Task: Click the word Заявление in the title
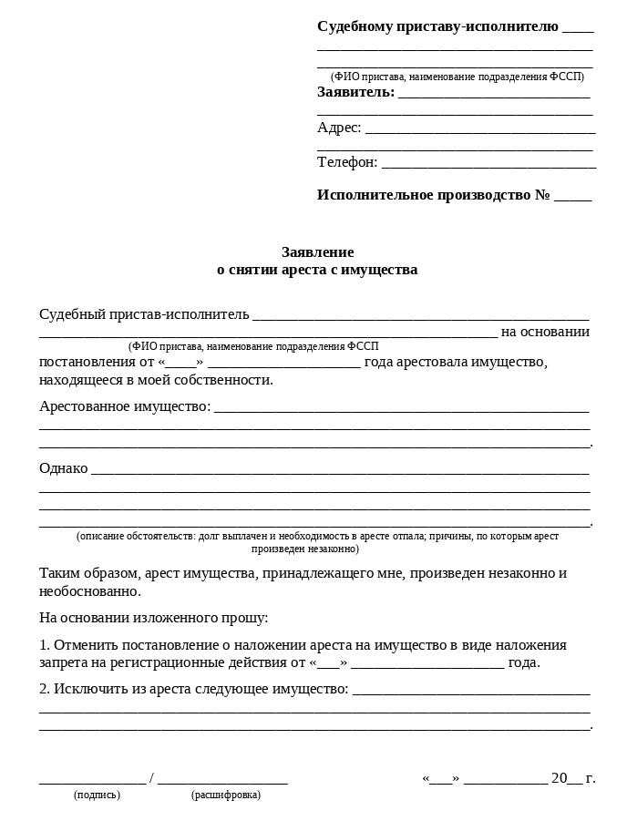click(x=317, y=252)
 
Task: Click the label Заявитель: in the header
click(x=355, y=92)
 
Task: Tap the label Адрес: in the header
click(x=339, y=128)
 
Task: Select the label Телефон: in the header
click(x=347, y=162)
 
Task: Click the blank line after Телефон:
click(x=488, y=165)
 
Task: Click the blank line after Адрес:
click(x=479, y=130)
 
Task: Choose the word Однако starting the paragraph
click(x=64, y=468)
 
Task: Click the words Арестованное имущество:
click(x=125, y=406)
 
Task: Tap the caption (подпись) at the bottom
click(x=97, y=795)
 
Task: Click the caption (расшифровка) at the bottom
click(x=226, y=795)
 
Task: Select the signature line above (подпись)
click(x=92, y=781)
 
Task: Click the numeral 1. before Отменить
click(x=45, y=645)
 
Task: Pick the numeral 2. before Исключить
click(x=45, y=689)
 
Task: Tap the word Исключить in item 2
click(x=89, y=689)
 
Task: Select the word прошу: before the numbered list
click(x=245, y=618)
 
